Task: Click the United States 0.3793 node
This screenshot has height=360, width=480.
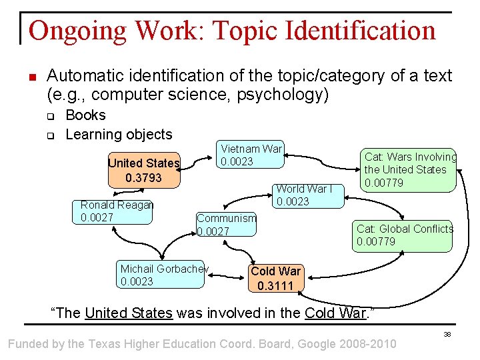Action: (x=144, y=170)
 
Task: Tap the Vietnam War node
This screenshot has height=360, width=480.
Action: (x=251, y=155)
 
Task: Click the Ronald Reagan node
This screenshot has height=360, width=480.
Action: (x=117, y=211)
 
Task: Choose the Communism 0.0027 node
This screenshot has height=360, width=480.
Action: (x=226, y=224)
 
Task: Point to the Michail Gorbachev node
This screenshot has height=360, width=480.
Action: (x=162, y=275)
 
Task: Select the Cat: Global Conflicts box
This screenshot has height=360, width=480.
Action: (x=403, y=235)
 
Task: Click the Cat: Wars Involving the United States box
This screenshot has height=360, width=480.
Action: (x=409, y=169)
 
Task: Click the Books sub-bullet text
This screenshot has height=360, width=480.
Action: (x=85, y=115)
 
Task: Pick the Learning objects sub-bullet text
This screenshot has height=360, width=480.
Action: (x=119, y=134)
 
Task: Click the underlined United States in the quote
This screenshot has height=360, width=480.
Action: (x=129, y=313)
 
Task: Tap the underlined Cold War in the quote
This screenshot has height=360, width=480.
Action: (x=335, y=313)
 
